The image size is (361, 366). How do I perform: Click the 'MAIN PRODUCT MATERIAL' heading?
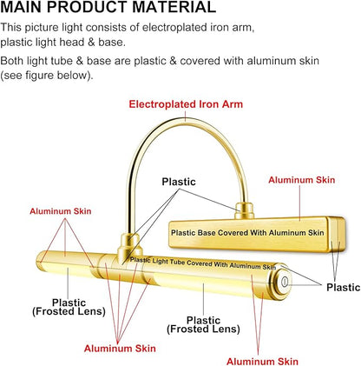tap(108, 7)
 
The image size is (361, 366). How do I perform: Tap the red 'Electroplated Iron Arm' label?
tap(186, 104)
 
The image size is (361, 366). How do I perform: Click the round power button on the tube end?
tap(285, 282)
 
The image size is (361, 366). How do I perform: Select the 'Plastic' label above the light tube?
tap(179, 182)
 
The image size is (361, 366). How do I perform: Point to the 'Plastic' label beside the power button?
tap(344, 287)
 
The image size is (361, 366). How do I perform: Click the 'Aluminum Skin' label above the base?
tap(302, 180)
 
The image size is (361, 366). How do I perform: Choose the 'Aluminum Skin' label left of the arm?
tap(61, 211)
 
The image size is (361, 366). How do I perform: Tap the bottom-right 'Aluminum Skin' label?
tap(262, 362)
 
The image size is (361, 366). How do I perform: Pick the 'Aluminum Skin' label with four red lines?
tap(120, 349)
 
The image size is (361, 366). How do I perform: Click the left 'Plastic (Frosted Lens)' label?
tap(69, 307)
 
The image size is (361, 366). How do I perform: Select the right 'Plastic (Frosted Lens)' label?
tap(203, 324)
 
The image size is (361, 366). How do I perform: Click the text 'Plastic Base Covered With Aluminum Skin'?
tap(247, 233)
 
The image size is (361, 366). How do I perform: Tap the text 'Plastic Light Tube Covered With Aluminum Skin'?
tap(203, 263)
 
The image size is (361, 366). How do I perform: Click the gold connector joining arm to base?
tap(244, 210)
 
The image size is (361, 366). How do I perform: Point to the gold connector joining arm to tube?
tap(130, 247)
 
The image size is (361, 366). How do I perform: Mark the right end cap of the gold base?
tap(337, 234)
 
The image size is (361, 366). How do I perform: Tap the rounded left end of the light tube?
tap(41, 261)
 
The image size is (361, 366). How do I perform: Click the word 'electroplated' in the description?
tap(174, 28)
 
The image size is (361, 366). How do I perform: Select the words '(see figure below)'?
tap(47, 76)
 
